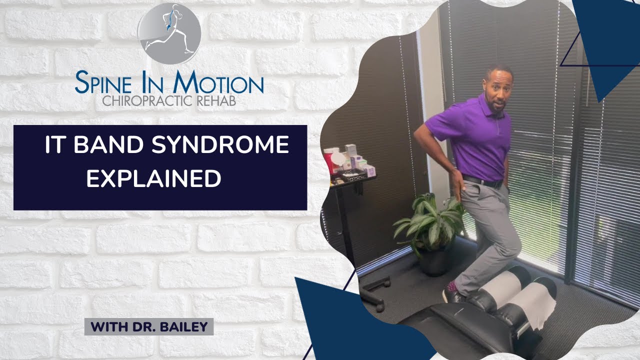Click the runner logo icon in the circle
(x=169, y=33)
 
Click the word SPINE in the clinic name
(x=104, y=83)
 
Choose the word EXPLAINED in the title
(x=153, y=178)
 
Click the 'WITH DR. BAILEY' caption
(x=149, y=327)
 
